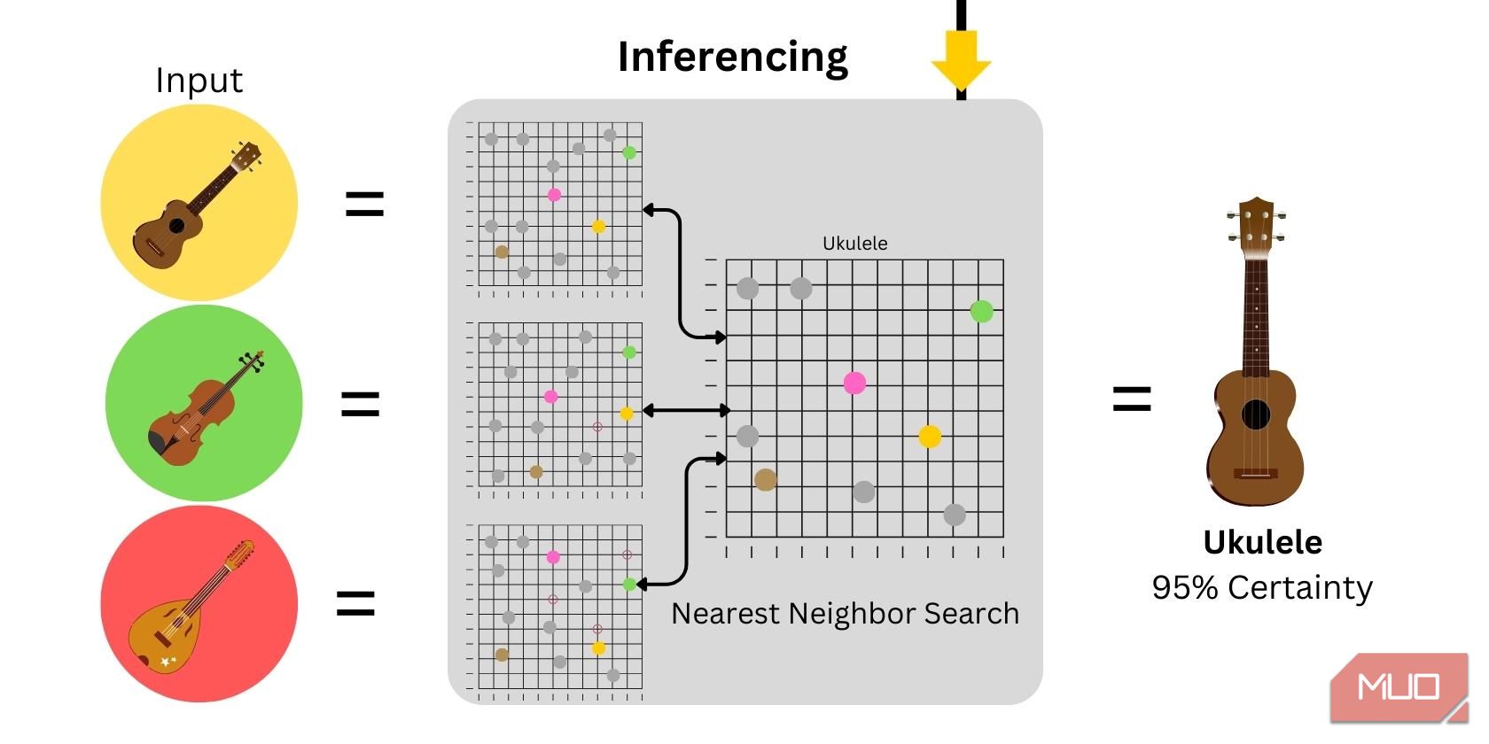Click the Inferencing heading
732,57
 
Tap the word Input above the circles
199,81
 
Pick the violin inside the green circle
204,407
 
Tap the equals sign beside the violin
360,405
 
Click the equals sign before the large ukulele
1132,399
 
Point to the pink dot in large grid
854,383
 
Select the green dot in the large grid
981,311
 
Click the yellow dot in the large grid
929,436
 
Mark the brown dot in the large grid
766,480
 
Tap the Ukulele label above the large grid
854,244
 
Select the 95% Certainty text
1262,587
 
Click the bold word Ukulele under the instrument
1262,542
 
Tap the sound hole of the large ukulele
1255,414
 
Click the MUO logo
1398,687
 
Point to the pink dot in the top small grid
554,195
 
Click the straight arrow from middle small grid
686,410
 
